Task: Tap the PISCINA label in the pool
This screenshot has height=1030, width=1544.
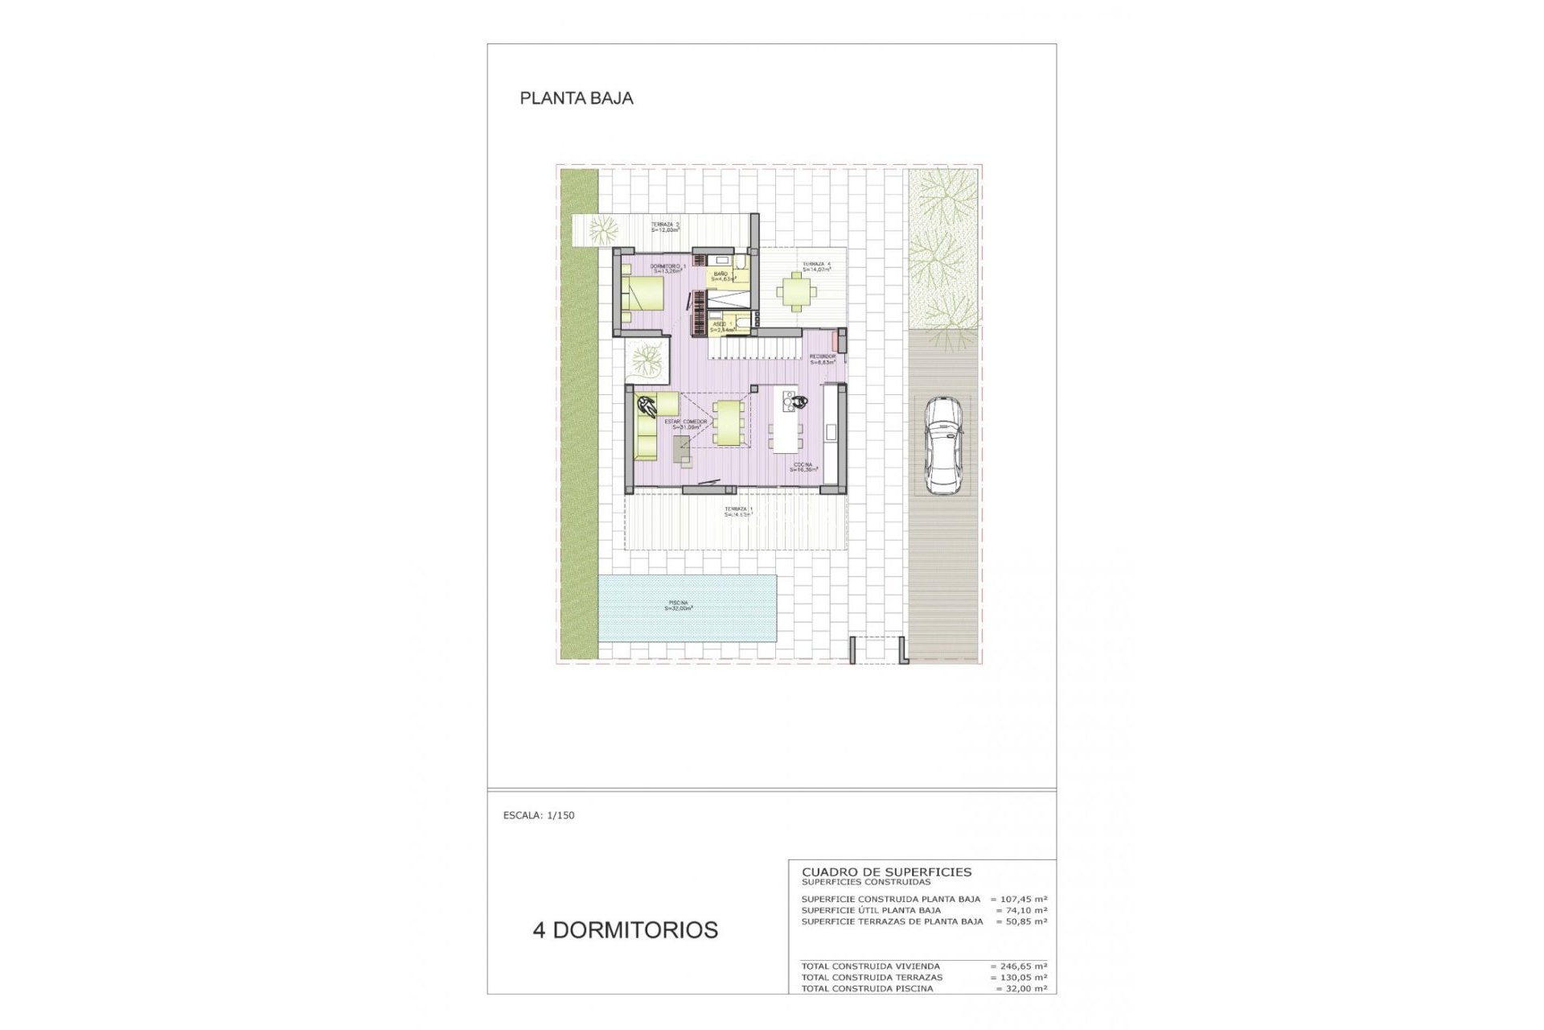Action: coord(679,605)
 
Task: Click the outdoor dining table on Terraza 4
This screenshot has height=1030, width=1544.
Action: coord(795,290)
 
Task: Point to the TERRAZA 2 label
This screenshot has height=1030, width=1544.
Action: coord(665,227)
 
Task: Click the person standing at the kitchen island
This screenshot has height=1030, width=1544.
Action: coord(799,402)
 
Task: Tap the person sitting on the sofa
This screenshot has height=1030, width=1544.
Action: coord(646,407)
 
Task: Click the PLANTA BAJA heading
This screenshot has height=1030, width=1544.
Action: coord(577,98)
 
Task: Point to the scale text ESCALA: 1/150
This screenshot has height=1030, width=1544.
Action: coord(539,815)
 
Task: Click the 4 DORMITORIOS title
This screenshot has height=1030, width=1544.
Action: coord(625,930)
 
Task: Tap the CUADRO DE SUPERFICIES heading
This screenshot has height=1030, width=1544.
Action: coord(886,871)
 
